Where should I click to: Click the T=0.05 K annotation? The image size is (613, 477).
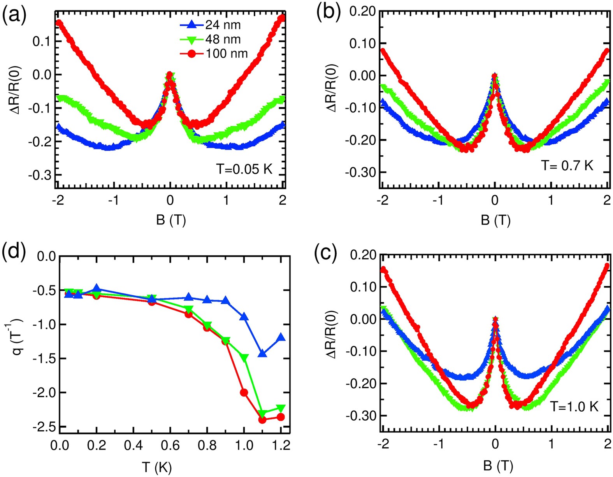tap(244, 169)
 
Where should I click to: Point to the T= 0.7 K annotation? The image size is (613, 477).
tap(567, 165)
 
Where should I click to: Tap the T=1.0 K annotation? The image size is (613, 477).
tap(574, 407)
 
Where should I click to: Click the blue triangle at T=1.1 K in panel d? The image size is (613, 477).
tap(262, 353)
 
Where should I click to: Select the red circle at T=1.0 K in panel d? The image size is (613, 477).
tap(244, 393)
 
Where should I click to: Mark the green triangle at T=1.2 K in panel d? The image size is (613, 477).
tap(281, 408)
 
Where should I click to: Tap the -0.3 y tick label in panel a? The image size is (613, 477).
tap(39, 175)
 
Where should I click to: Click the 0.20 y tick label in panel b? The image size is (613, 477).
tap(362, 11)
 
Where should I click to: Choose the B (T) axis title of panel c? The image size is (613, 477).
tap(498, 465)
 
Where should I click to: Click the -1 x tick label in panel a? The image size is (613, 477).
tap(113, 200)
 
